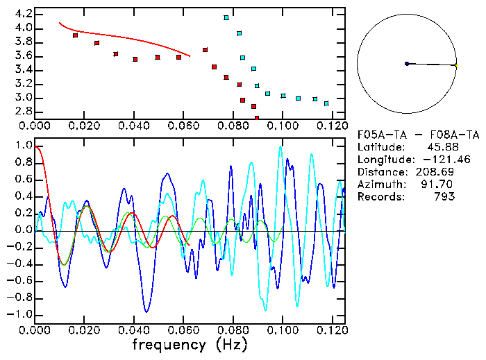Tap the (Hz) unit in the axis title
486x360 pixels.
coord(228,345)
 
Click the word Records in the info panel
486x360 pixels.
coord(378,197)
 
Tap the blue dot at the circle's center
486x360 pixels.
coord(407,64)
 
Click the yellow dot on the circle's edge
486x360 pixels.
coord(456,65)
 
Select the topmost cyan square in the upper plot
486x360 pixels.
coord(226,17)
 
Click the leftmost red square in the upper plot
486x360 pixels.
coord(75,35)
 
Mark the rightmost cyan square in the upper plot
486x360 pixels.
coord(326,103)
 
